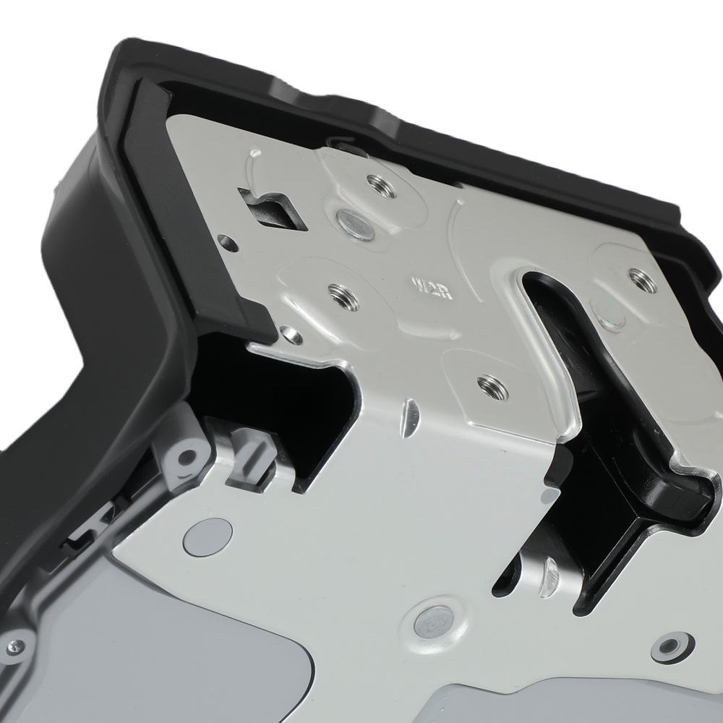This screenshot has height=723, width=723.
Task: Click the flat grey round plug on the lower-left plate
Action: (x=208, y=534)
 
